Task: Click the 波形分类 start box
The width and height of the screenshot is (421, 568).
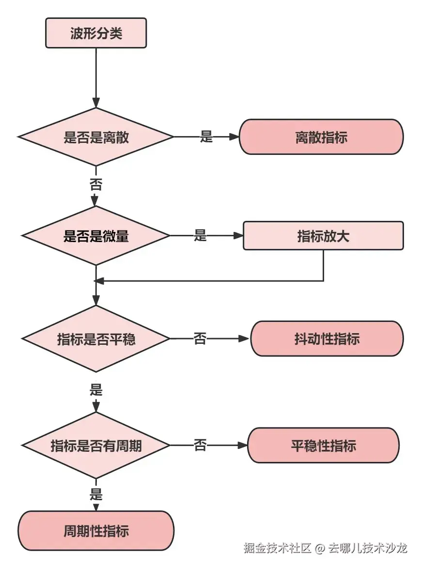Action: click(x=96, y=33)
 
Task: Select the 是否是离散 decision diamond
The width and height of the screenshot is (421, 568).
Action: click(x=96, y=137)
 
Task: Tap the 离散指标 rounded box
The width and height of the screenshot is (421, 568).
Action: click(x=321, y=137)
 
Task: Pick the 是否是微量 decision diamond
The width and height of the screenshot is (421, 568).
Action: click(x=96, y=236)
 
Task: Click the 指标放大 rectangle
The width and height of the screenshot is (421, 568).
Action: click(x=323, y=236)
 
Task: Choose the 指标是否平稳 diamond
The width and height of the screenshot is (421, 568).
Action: click(x=96, y=338)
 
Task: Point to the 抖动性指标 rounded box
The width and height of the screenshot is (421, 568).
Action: click(x=327, y=338)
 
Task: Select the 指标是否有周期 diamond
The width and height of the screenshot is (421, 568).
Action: click(x=96, y=445)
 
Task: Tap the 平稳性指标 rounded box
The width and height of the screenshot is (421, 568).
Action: click(x=323, y=445)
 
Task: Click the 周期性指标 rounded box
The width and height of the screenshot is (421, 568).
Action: click(x=96, y=531)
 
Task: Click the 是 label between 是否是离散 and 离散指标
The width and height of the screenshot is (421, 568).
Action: click(x=206, y=137)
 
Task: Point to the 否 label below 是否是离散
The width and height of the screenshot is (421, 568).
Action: click(x=96, y=184)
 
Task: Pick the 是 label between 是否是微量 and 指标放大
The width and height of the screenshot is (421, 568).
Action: click(x=200, y=236)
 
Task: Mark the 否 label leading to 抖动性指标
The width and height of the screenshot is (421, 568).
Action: click(x=200, y=338)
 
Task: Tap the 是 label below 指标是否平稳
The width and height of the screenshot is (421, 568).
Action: click(x=96, y=390)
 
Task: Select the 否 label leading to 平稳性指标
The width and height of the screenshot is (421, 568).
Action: click(x=200, y=445)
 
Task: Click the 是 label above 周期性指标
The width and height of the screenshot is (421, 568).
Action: click(x=96, y=494)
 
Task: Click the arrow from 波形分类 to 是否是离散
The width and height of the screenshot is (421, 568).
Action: click(x=96, y=77)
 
